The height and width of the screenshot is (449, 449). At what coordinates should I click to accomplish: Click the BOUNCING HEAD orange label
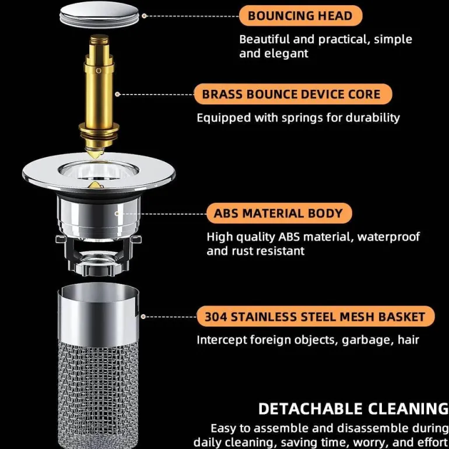pos(301,16)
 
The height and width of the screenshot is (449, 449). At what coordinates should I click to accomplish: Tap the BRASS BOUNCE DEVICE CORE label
pos(293,94)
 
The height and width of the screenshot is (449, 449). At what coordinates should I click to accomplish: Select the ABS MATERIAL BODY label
pos(279,213)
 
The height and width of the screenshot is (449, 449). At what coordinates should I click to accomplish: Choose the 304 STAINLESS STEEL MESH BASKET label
pos(315,317)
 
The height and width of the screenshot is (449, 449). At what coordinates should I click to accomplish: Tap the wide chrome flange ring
pos(99,174)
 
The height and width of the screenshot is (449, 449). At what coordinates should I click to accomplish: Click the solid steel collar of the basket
pos(98,314)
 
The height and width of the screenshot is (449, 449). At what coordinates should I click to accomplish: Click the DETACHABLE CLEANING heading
pos(353,409)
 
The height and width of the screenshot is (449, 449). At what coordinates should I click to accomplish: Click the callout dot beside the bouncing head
pos(144,16)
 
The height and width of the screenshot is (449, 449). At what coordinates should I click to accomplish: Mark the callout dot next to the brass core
pos(117,94)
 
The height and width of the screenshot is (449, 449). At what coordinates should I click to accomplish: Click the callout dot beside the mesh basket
pos(143,317)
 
